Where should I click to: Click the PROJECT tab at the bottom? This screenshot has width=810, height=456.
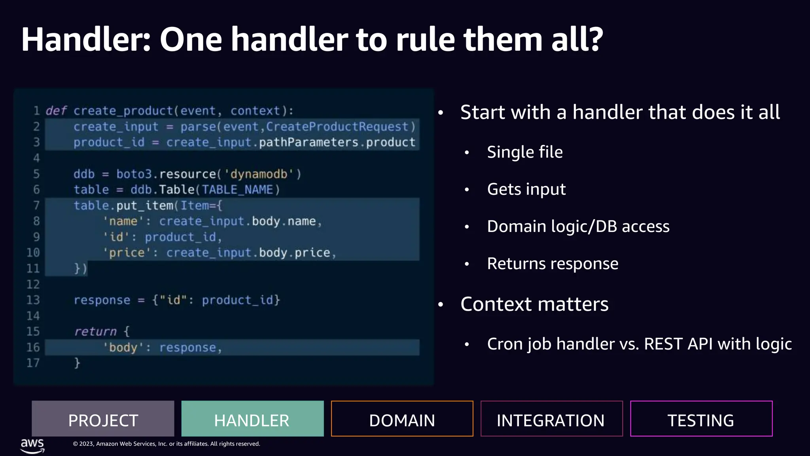103,419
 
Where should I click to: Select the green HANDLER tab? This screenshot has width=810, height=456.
252,419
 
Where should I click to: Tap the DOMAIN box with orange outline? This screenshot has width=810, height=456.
402,419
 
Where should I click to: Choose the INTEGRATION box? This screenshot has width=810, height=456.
551,419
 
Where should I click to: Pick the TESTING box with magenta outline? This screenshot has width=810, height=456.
701,419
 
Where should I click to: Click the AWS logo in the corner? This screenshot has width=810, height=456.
32,445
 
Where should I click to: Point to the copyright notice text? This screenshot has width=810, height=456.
166,444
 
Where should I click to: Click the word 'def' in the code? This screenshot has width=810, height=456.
56,111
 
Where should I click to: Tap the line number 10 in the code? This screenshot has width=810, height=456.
33,253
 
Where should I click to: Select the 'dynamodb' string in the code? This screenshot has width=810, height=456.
259,174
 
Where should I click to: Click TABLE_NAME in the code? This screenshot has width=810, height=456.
237,190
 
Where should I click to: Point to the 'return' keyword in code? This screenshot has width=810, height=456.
95,331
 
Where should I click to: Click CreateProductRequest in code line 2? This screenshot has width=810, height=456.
337,127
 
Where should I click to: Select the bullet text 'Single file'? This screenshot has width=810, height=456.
524,152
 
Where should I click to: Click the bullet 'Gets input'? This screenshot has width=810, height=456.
526,190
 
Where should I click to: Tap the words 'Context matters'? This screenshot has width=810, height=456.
534,304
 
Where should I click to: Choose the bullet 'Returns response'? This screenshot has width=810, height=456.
552,264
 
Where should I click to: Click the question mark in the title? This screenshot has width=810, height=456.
593,40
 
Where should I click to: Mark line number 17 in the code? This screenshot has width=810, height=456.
33,363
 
